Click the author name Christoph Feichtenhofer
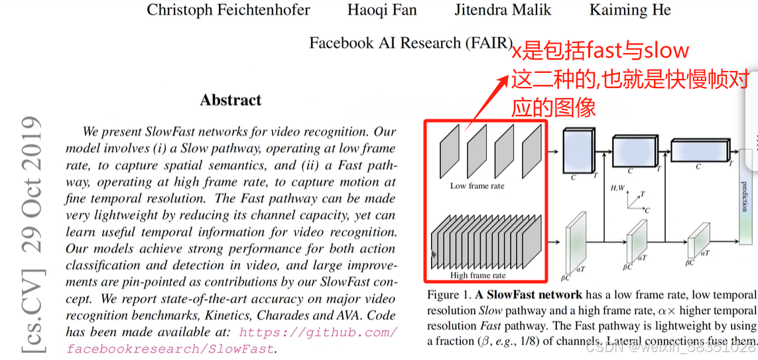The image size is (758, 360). [228, 10]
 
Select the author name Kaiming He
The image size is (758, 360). [630, 10]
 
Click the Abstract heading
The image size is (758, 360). [231, 100]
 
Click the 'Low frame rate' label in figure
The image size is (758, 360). [477, 186]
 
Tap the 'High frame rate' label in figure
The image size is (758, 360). [477, 275]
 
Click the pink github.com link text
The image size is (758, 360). [318, 332]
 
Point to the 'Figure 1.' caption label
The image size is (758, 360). [449, 295]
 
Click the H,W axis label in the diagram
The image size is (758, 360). [617, 188]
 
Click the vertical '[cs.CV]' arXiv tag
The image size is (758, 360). [31, 312]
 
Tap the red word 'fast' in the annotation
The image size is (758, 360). [598, 50]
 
